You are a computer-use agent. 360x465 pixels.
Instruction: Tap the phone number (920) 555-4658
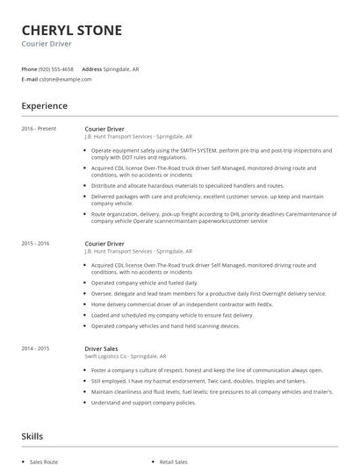(56, 68)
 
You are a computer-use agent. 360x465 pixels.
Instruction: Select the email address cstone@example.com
(65, 79)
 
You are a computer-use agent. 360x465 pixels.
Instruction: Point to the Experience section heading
(44, 106)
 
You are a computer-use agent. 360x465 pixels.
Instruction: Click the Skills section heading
(32, 436)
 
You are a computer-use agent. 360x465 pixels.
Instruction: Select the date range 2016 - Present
(39, 129)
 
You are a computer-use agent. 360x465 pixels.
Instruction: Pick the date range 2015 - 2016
(36, 243)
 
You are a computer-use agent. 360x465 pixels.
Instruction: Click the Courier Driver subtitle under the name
(47, 44)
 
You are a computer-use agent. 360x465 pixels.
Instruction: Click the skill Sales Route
(43, 460)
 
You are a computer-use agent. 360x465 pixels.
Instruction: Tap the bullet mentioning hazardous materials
(188, 186)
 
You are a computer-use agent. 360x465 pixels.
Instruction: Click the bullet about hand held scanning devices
(165, 325)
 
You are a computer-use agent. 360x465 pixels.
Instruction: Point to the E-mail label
(29, 79)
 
